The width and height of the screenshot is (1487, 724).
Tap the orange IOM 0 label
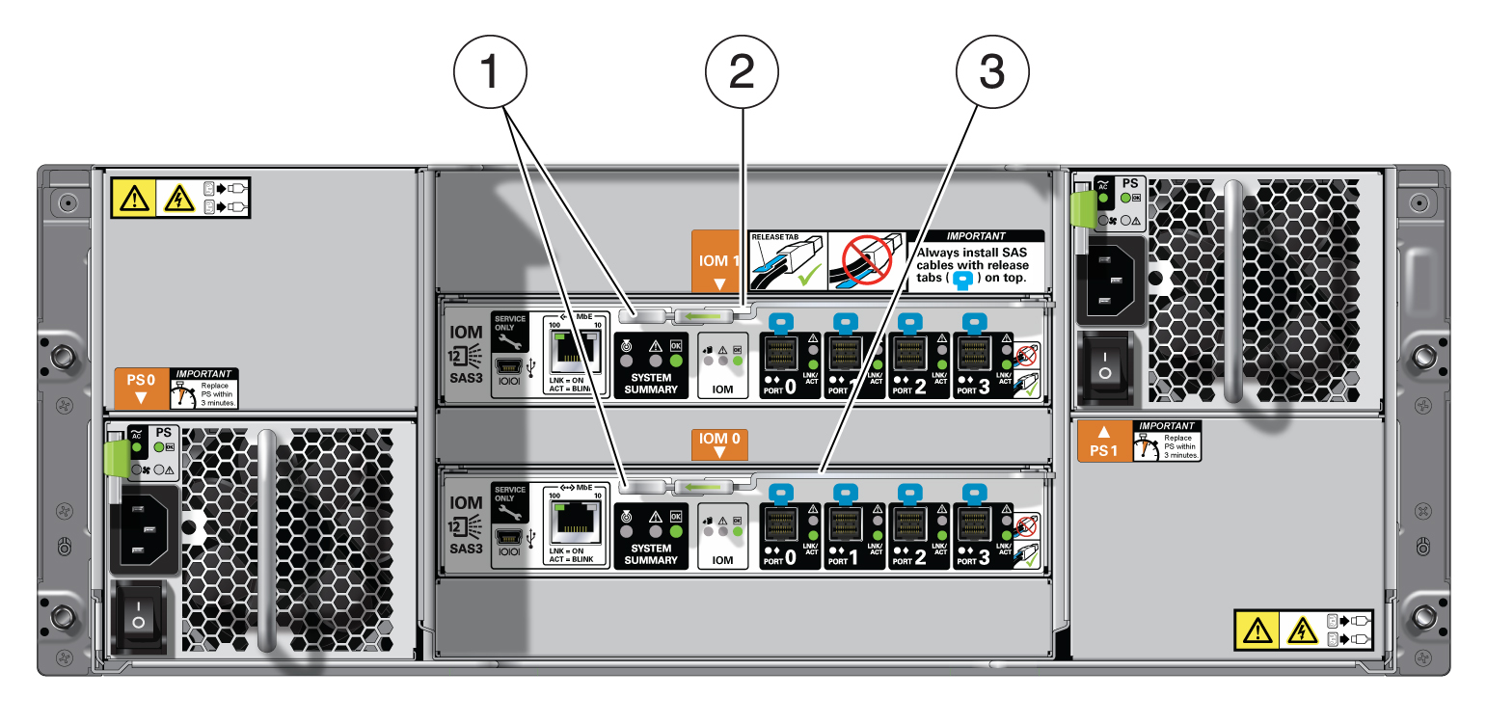717,443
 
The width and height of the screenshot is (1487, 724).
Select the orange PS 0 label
142,386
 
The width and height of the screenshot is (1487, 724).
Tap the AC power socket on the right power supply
1107,279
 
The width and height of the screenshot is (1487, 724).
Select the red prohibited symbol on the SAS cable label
864,261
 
